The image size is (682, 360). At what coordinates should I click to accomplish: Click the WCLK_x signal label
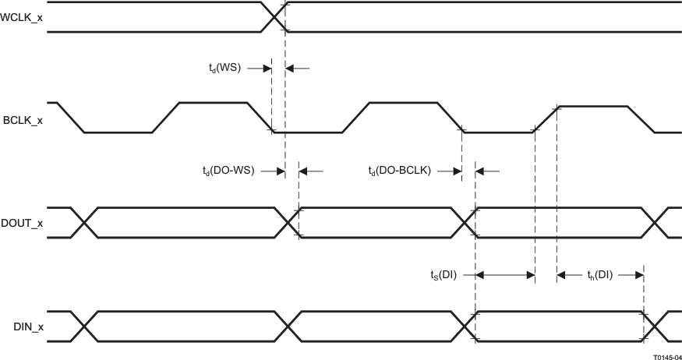point(23,16)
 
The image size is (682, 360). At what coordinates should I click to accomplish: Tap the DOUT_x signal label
point(23,222)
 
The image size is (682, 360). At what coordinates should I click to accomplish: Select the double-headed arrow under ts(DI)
point(504,274)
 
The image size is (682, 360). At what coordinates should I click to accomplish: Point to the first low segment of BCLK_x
point(118,132)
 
